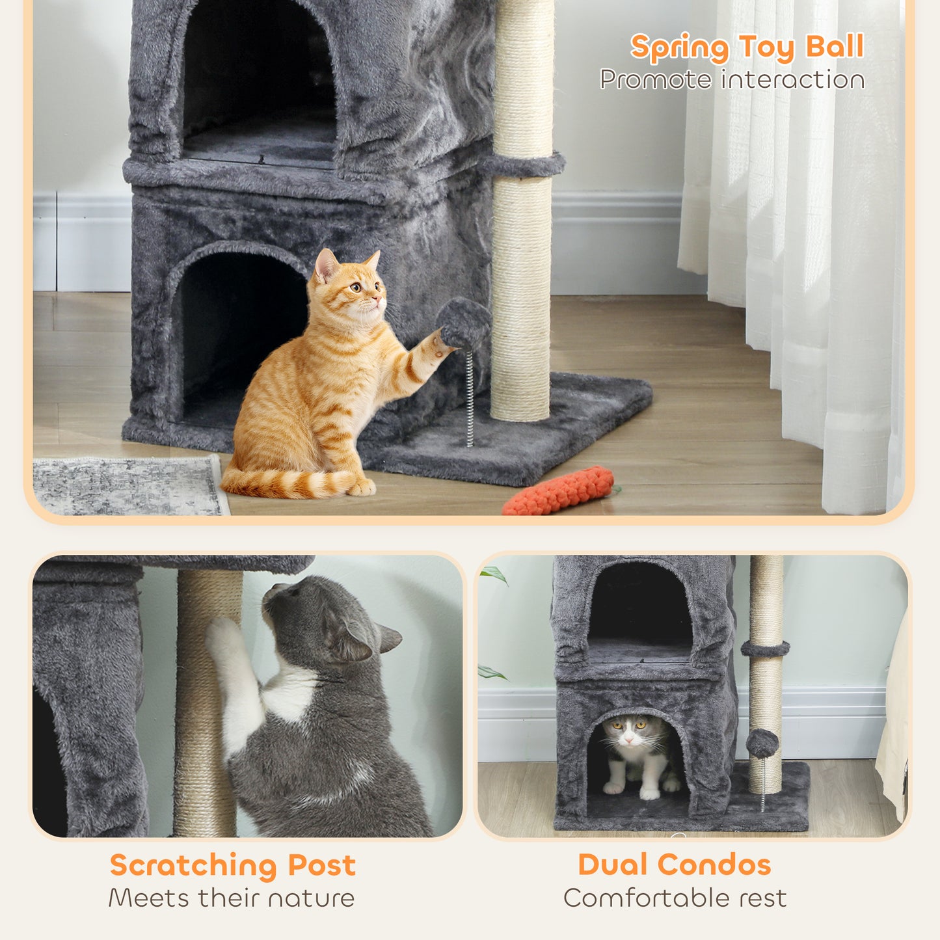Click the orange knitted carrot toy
coord(558,492)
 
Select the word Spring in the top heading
coord(679,48)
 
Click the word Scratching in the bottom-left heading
coord(193,866)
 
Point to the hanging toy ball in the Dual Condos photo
coord(762,744)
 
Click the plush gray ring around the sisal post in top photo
coord(524,166)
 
